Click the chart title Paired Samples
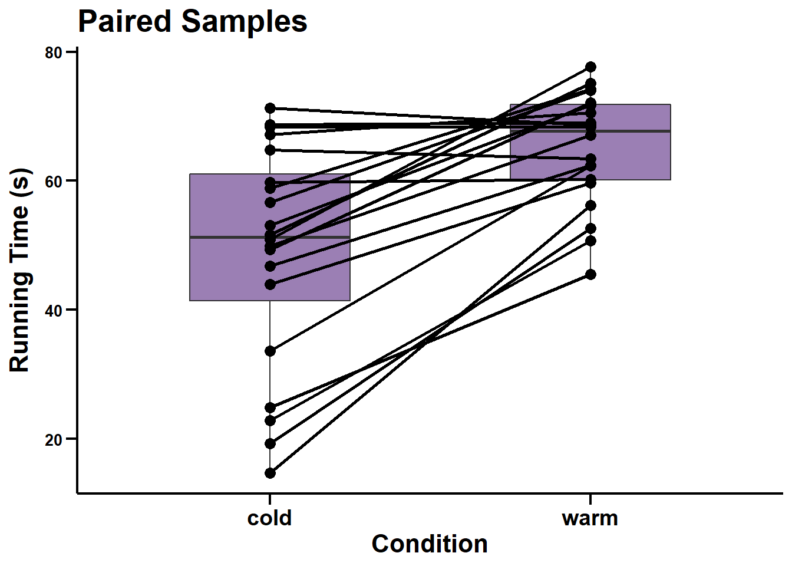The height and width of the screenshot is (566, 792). (192, 22)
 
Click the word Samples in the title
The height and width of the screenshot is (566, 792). (244, 22)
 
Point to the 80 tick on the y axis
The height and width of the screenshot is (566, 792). (54, 52)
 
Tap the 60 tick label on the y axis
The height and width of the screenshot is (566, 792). (54, 181)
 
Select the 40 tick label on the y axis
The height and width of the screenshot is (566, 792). (54, 310)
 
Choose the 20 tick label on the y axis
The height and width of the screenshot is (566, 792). (54, 439)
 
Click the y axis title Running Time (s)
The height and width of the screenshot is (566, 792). (19, 270)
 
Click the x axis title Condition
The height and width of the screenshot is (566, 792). (430, 544)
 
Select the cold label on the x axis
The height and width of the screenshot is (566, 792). (269, 518)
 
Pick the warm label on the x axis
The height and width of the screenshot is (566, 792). (590, 518)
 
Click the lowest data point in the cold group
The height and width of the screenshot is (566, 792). (270, 473)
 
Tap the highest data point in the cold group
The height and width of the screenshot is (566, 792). (270, 108)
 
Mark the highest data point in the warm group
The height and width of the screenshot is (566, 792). (590, 67)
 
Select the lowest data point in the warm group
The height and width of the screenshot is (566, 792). (590, 274)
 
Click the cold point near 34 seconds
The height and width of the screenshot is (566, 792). (270, 351)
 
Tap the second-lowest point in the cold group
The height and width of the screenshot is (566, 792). (270, 443)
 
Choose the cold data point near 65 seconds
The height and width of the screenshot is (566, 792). (270, 150)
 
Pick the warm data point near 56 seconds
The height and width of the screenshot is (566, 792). (590, 205)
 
